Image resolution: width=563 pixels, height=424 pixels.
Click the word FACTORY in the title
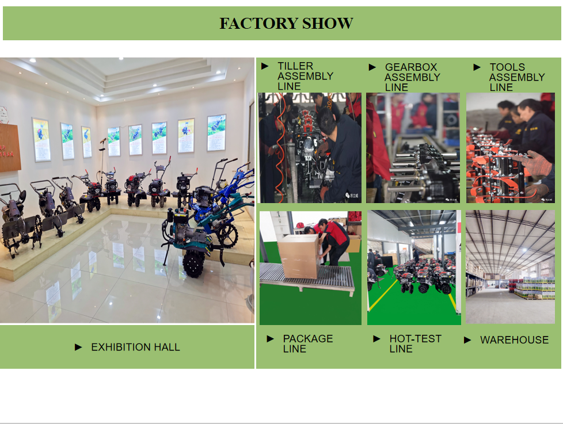click(258, 24)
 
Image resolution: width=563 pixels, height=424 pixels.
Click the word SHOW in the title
click(328, 24)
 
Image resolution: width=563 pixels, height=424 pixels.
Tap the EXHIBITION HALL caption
click(135, 347)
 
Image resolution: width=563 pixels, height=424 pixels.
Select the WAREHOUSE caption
click(514, 339)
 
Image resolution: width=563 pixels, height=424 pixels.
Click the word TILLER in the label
click(295, 66)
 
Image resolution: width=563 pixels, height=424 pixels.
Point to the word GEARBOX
click(411, 67)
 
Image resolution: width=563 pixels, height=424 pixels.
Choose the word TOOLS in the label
click(507, 67)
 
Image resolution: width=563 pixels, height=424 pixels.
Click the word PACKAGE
click(308, 339)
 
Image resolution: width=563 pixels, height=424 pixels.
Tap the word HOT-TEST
click(415, 339)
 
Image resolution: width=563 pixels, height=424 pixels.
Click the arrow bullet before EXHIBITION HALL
click(78, 347)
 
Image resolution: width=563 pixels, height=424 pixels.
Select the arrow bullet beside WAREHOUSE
click(467, 340)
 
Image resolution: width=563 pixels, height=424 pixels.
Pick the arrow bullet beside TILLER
click(265, 66)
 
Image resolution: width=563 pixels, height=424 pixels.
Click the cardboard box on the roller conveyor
click(298, 256)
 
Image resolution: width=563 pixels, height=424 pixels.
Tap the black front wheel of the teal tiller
click(194, 264)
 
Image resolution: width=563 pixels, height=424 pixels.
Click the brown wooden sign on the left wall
click(10, 148)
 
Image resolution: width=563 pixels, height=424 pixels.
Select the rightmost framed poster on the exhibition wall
click(216, 132)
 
